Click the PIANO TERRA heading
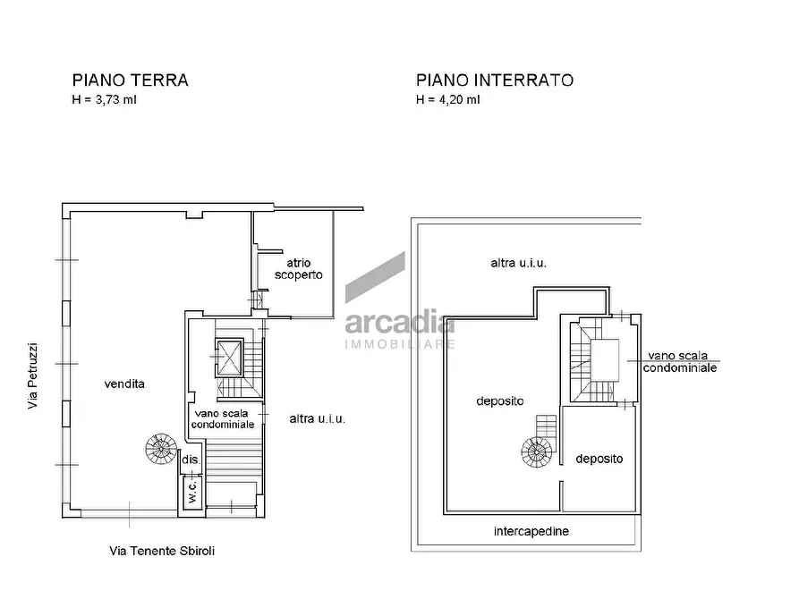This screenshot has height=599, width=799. [x=131, y=80]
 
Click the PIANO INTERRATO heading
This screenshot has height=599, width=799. [x=495, y=80]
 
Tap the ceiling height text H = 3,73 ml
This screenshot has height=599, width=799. [x=105, y=100]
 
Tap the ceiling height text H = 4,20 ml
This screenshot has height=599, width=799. [x=448, y=100]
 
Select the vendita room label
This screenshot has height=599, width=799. [x=124, y=384]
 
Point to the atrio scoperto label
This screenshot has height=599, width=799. [x=299, y=269]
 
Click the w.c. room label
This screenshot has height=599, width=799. [x=192, y=492]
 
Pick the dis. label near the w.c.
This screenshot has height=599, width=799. [x=191, y=460]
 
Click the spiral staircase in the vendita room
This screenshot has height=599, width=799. [x=161, y=449]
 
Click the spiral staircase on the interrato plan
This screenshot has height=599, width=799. [x=537, y=451]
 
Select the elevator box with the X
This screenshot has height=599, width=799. [x=229, y=358]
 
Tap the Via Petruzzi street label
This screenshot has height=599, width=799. [x=32, y=375]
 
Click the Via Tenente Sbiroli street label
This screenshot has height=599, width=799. [x=162, y=551]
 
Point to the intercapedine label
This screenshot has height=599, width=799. [x=531, y=531]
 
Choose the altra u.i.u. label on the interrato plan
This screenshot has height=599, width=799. [x=518, y=263]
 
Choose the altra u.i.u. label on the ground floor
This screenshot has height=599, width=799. [x=317, y=418]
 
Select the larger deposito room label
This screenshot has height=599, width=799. [x=500, y=401]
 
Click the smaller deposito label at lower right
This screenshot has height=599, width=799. [x=599, y=459]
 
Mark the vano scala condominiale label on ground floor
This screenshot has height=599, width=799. [x=223, y=418]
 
